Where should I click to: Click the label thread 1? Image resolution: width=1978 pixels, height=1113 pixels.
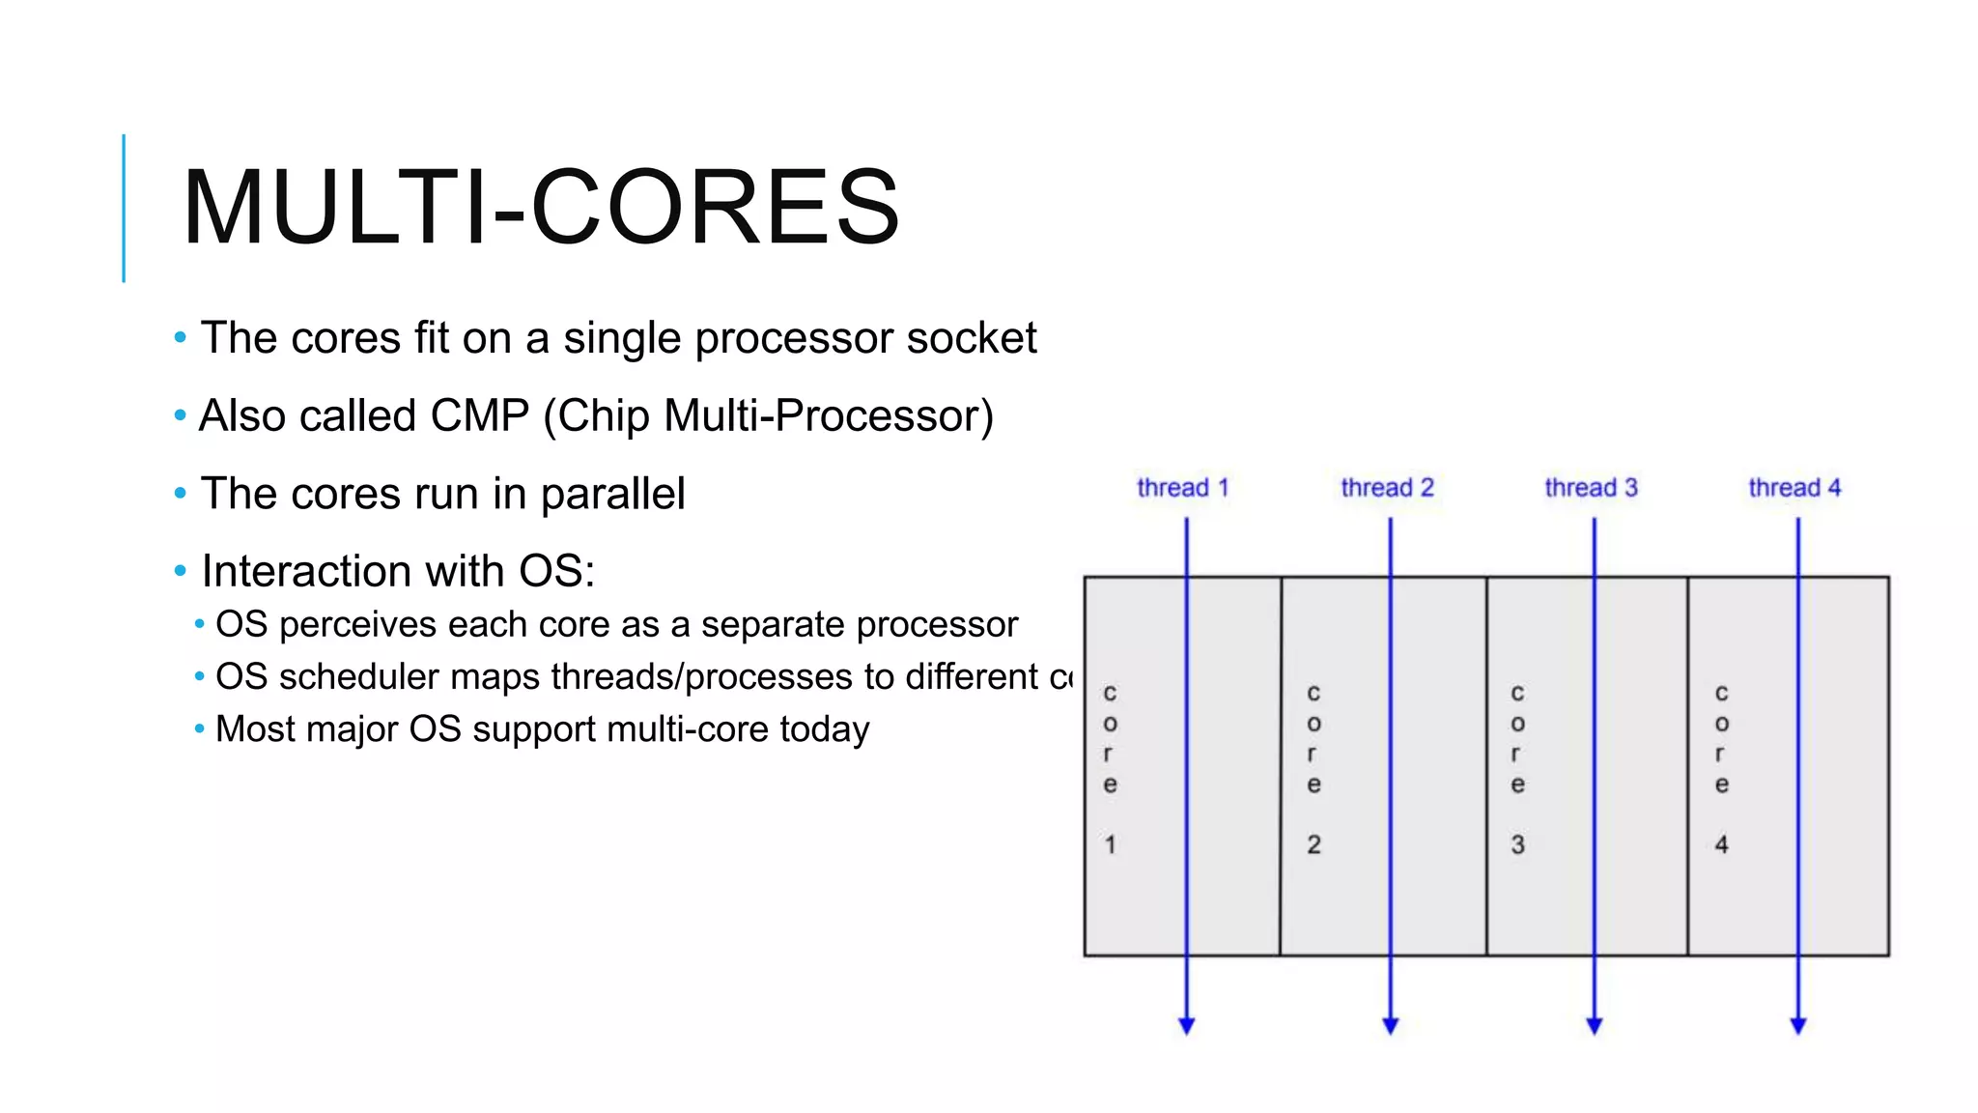point(1182,488)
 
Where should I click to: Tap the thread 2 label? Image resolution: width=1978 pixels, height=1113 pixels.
point(1387,488)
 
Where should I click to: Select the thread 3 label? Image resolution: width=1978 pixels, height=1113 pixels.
point(1591,488)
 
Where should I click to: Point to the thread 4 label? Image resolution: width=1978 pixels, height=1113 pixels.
point(1794,488)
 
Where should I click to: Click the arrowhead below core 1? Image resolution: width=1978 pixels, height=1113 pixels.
point(1187,1025)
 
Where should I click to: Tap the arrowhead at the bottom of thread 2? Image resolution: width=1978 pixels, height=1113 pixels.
point(1391,1025)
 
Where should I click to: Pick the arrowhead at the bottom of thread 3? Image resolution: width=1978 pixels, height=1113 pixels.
point(1595,1025)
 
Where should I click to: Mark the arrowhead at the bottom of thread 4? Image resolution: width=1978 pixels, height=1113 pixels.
point(1798,1025)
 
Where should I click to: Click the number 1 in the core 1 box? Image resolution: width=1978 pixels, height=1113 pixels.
point(1111,844)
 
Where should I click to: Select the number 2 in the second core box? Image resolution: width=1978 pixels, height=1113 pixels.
point(1314,844)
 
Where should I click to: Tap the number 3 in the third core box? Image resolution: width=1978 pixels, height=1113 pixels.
point(1518,844)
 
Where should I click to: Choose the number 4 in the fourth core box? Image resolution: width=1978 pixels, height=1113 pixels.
point(1721,844)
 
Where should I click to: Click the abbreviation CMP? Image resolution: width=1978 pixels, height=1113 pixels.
point(480,416)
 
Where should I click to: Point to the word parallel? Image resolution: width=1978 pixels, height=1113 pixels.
point(612,495)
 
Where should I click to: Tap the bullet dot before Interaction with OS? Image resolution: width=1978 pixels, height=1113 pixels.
point(180,571)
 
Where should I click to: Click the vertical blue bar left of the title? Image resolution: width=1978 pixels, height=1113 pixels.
point(124,208)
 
